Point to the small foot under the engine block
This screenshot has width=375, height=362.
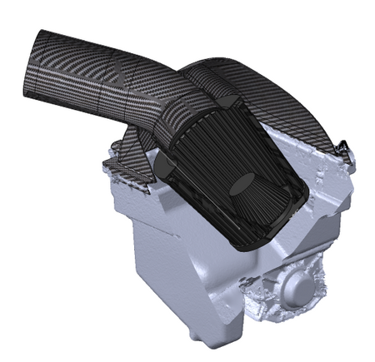click(195, 336)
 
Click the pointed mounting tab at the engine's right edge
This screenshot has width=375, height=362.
click(342, 150)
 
